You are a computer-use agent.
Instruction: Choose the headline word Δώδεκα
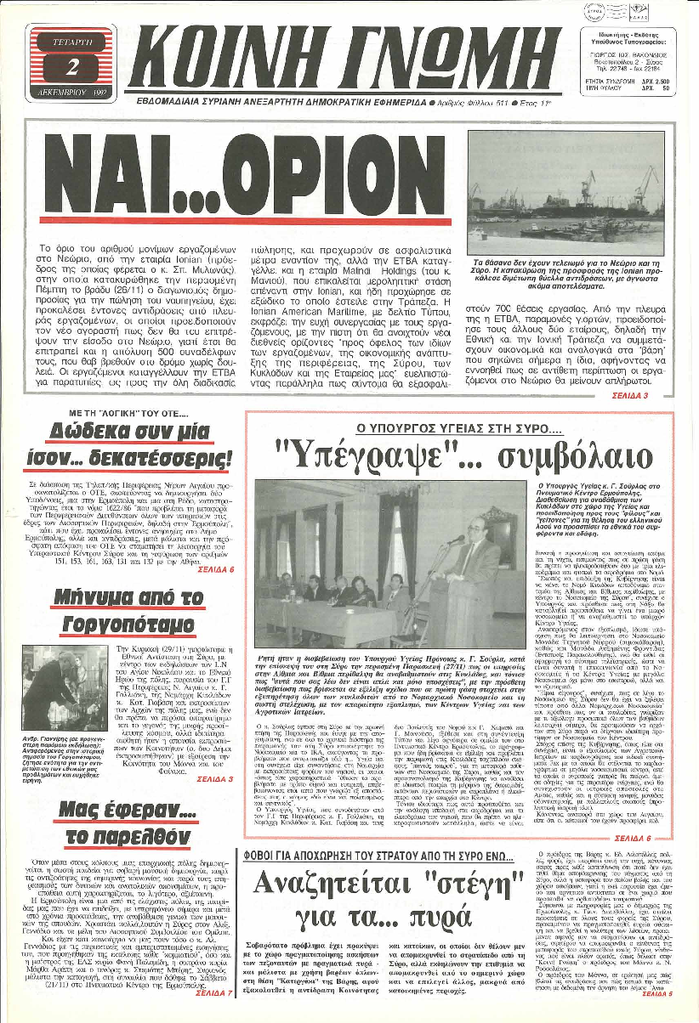(x=92, y=431)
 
